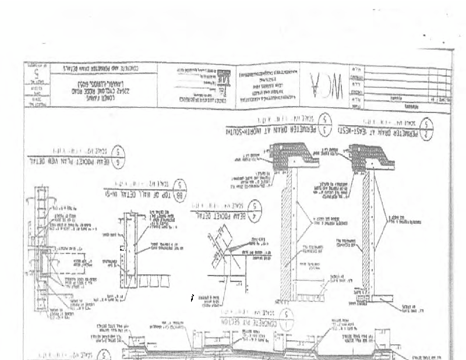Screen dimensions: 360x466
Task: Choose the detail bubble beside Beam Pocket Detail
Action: coord(254,211)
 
